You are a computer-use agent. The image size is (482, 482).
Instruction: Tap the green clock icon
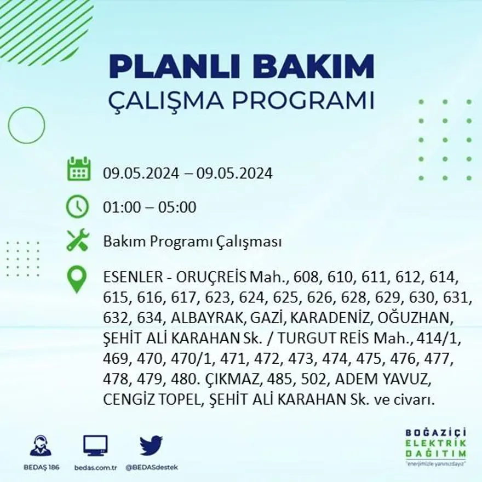point(77,206)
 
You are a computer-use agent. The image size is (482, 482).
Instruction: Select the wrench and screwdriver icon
point(77,240)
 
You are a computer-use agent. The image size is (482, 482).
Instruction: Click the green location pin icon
point(77,279)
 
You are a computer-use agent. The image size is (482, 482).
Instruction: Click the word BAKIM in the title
point(316,67)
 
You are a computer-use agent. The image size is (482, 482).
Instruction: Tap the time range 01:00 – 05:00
point(149,208)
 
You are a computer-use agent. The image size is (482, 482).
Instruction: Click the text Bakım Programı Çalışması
point(192,242)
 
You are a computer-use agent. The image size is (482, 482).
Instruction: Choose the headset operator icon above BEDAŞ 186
point(41,445)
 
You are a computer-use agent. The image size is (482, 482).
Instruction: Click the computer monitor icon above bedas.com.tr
point(95,445)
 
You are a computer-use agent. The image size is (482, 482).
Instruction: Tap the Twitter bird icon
point(151,445)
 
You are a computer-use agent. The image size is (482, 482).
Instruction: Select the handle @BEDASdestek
point(152,467)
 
